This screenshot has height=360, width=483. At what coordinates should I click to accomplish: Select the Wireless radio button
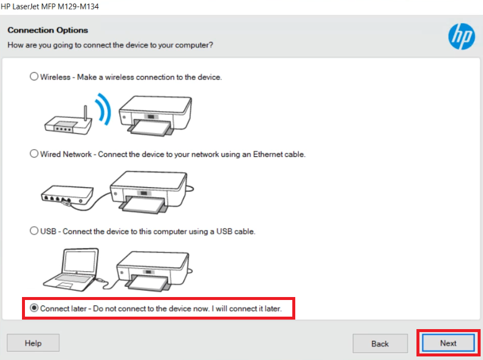coord(34,77)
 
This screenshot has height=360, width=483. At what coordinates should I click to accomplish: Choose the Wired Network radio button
coord(34,154)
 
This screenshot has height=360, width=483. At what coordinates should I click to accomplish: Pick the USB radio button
coord(34,231)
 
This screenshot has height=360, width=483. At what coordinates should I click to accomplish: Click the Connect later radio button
coord(34,308)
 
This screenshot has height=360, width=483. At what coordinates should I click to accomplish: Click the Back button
coord(380,343)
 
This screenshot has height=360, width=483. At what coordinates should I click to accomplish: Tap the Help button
coord(33,343)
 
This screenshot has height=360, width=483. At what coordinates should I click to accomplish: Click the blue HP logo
coord(462,36)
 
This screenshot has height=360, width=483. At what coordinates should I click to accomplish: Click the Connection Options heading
coord(48,30)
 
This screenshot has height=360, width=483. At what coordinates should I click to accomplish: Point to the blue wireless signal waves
coord(103,109)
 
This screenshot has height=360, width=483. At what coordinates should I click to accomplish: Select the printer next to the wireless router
coord(156,115)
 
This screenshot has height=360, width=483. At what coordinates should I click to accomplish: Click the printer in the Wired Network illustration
coord(149,192)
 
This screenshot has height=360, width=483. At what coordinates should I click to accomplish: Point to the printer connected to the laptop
coord(153,271)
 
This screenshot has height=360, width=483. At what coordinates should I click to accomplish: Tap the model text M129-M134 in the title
coord(78,7)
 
